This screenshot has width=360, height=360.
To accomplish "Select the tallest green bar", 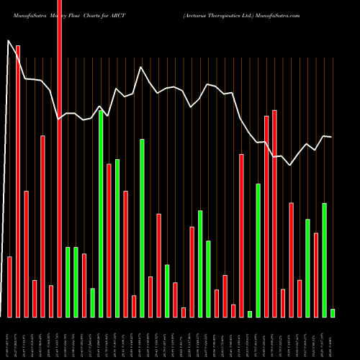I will (101, 213).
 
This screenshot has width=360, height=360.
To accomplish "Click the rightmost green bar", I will (333, 312).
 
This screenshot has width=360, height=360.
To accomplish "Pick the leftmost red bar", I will (10, 287).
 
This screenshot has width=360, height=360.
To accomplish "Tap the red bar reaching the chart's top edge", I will (60, 158).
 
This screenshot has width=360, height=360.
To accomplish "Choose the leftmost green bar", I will (68, 282).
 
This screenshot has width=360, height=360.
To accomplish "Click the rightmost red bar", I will (316, 274).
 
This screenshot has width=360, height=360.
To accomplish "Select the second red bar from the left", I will (18, 181).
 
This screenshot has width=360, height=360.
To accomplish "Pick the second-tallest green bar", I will (142, 228).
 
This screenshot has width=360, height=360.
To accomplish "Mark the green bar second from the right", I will (324, 260).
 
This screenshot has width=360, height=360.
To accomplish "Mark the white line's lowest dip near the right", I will (291, 166).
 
